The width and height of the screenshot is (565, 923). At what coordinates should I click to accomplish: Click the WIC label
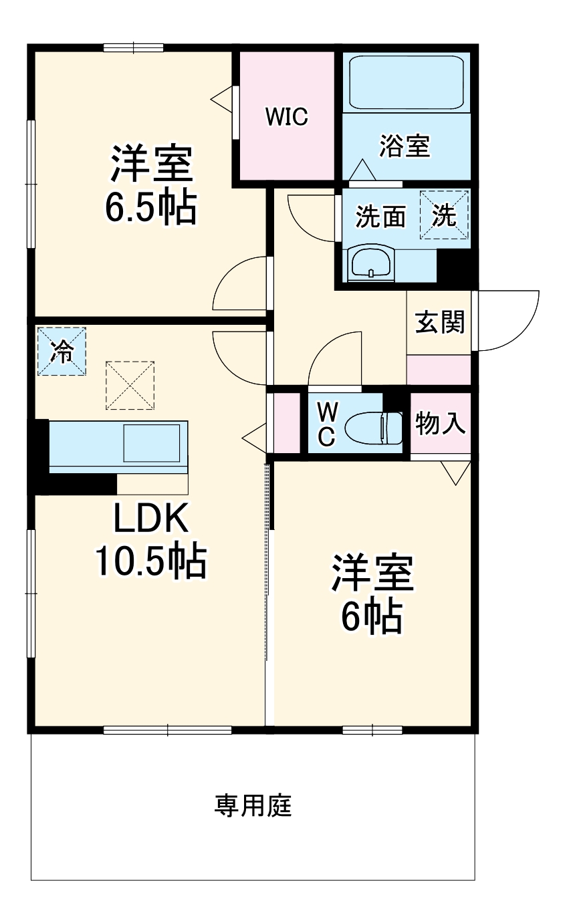click(x=287, y=117)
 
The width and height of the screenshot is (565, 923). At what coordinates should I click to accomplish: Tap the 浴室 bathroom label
click(x=404, y=146)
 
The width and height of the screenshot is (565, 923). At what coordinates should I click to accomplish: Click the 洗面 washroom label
click(x=380, y=216)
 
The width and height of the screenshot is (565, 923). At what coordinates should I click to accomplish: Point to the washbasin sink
click(x=371, y=263)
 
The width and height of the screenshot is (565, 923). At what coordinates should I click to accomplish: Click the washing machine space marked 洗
click(x=444, y=215)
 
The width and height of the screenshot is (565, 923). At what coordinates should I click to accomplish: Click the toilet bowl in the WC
click(x=372, y=428)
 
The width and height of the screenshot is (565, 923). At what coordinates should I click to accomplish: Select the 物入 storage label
click(x=440, y=423)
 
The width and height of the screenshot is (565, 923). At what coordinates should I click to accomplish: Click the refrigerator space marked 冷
click(x=62, y=351)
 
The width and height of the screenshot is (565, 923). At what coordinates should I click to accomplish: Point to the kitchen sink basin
click(x=150, y=441)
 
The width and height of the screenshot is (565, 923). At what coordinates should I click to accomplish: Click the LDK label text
click(x=152, y=519)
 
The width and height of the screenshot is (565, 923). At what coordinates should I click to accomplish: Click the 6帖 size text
click(x=372, y=617)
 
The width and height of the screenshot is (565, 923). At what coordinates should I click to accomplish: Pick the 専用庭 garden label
click(x=253, y=806)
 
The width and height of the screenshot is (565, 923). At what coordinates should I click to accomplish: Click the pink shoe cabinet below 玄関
click(x=439, y=370)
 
